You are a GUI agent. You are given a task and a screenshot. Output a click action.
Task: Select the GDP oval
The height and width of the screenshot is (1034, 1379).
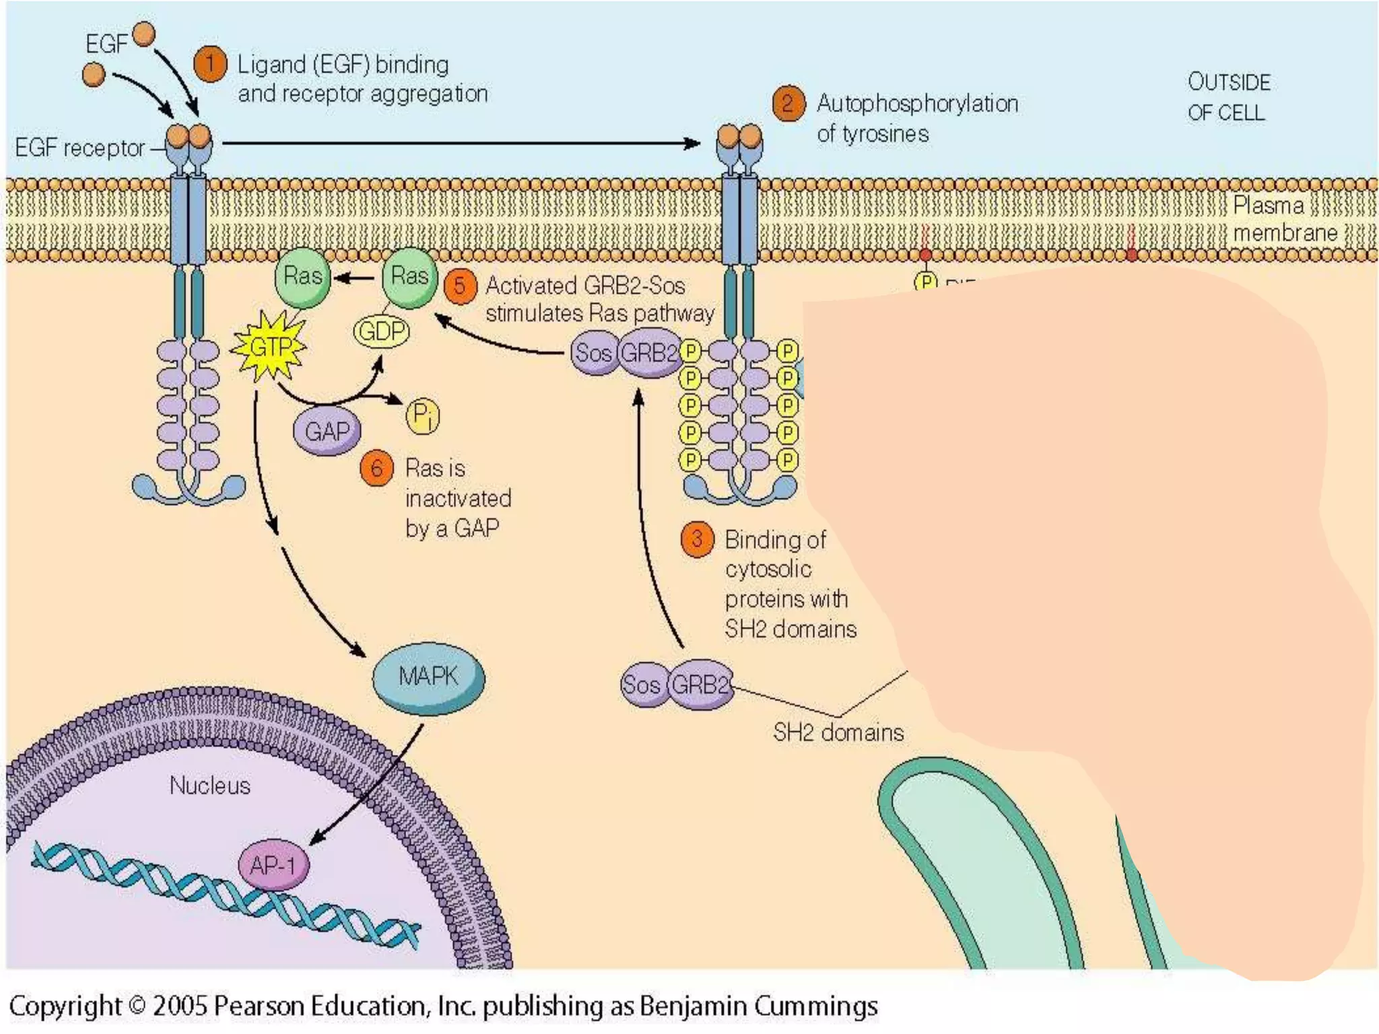[x=381, y=331]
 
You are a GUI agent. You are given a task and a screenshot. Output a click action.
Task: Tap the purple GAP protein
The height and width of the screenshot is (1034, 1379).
[x=327, y=431]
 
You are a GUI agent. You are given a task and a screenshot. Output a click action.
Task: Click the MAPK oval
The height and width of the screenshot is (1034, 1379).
[x=428, y=677]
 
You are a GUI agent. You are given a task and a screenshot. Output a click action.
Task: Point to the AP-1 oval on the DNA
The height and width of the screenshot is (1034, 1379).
[x=273, y=865]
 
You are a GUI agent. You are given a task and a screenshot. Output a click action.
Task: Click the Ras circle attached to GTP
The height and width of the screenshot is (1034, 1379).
[x=302, y=277]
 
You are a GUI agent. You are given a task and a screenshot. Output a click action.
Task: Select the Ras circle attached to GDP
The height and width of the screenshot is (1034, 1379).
[x=409, y=277]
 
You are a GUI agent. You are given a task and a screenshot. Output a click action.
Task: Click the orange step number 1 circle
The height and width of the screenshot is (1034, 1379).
[x=210, y=65]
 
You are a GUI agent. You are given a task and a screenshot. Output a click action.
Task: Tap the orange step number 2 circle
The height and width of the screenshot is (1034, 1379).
[x=788, y=104]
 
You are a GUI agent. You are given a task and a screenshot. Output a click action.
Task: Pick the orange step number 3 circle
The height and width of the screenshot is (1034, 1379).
[x=697, y=539]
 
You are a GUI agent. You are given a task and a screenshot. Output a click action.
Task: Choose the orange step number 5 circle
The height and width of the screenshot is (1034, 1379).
[x=460, y=286]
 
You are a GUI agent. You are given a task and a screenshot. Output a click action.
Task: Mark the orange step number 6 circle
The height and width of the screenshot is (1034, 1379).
[x=376, y=468]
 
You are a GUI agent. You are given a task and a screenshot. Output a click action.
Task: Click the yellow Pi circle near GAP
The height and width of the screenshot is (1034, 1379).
[x=422, y=415]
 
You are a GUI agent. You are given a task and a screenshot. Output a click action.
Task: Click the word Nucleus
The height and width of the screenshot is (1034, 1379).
[x=209, y=786]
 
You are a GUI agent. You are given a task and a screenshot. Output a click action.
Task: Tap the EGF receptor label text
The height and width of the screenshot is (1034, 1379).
[x=79, y=148]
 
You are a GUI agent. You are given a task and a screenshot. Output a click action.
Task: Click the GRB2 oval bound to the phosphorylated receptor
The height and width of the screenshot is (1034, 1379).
[x=649, y=353]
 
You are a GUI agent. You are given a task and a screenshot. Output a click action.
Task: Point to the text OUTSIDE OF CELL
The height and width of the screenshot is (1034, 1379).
[x=1228, y=98]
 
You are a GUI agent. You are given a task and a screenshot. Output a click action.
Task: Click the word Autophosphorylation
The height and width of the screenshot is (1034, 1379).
[x=916, y=104]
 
